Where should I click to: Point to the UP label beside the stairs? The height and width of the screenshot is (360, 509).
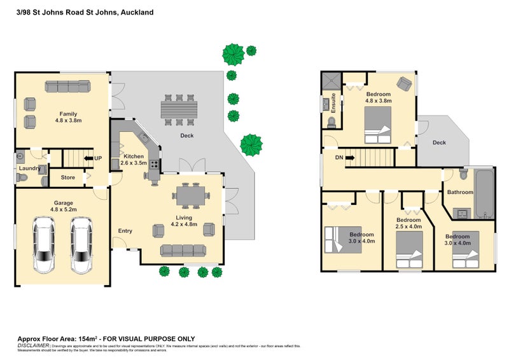[98, 158]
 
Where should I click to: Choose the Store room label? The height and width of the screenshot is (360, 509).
[68, 177]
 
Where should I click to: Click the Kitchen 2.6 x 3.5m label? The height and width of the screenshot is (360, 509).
[134, 160]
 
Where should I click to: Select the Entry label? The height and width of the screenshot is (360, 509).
[125, 231]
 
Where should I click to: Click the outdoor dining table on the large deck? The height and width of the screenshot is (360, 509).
[180, 110]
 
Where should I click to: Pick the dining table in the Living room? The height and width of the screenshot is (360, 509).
[190, 196]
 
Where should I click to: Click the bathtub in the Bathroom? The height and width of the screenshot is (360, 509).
[484, 193]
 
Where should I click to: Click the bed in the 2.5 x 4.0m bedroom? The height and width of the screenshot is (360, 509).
[409, 251]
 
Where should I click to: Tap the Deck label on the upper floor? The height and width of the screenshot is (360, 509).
[439, 142]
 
